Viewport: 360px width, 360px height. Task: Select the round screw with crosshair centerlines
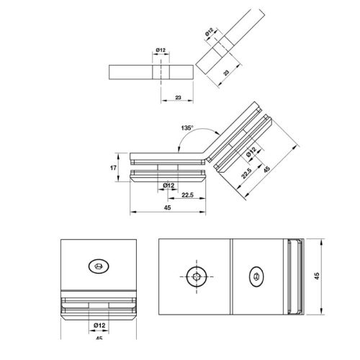196,275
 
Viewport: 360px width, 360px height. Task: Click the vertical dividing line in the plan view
230,276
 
